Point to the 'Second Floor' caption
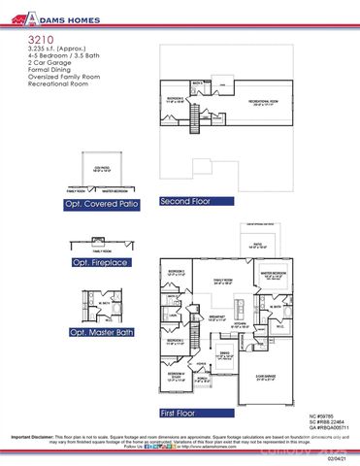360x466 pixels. point(187,201)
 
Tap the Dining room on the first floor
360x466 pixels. point(224,356)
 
